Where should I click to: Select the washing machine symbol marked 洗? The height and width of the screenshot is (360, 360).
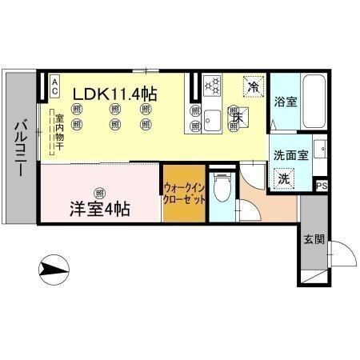click(284, 179)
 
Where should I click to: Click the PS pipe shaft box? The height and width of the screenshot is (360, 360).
click(322, 186)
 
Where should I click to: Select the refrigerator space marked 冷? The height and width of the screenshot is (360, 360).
click(253, 86)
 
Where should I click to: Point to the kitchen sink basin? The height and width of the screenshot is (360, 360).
click(212, 121)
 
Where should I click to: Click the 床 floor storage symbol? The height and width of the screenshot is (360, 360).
click(236, 117)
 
